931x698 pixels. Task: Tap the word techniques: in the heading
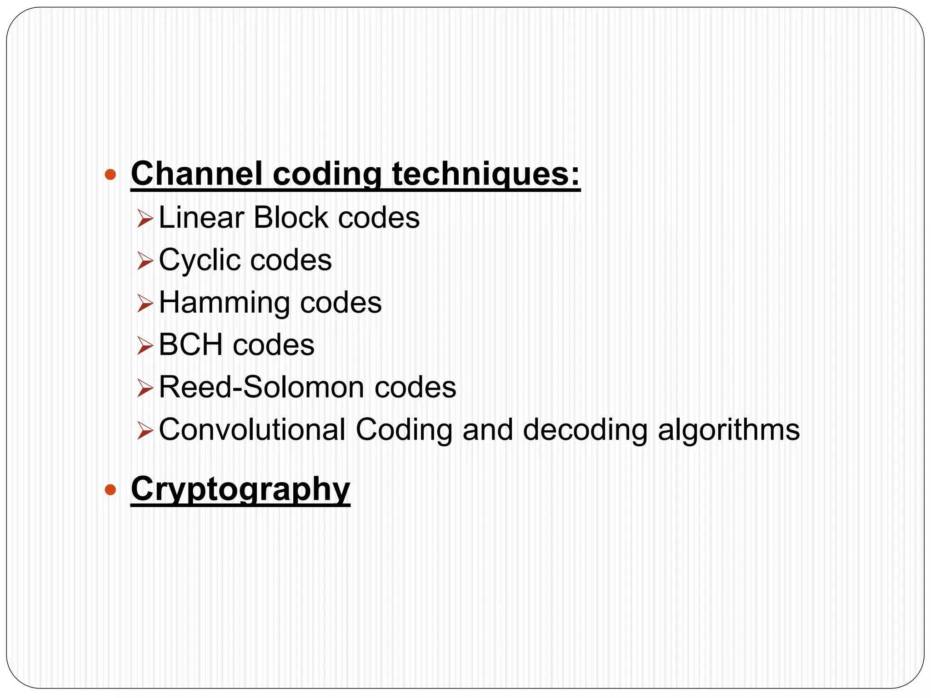[x=486, y=174]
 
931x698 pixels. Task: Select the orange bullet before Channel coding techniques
[x=110, y=174]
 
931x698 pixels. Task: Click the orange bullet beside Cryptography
[x=110, y=490]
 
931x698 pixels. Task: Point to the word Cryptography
[x=240, y=489]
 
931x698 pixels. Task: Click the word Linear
[x=201, y=218]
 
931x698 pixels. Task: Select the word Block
[x=291, y=218]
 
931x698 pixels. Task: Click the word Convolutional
[x=252, y=430]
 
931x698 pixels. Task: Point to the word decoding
[x=585, y=430]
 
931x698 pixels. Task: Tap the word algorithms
[x=729, y=430]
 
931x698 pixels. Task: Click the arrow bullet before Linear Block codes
[x=145, y=219]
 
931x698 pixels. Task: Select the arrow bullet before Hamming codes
[x=145, y=304]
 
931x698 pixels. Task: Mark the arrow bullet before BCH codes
[x=145, y=346]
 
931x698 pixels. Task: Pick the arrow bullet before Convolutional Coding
[x=145, y=430]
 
